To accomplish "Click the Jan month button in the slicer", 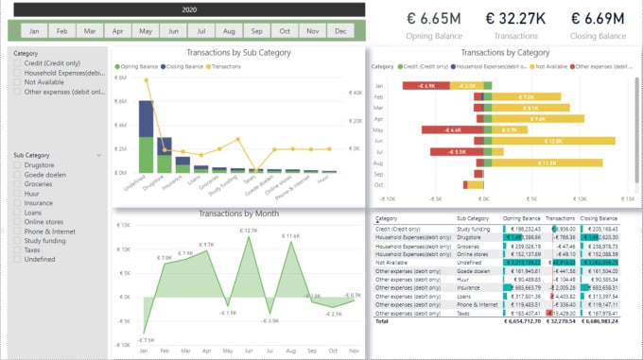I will (x=34, y=30).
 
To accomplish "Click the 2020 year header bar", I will (x=189, y=9).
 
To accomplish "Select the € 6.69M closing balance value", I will (x=598, y=18).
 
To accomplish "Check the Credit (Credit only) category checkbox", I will (x=17, y=63).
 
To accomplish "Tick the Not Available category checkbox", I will (x=17, y=82).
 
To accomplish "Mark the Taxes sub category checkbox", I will (x=17, y=249).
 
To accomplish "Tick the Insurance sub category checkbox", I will (x=17, y=201).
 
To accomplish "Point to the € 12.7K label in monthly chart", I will (x=249, y=230).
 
